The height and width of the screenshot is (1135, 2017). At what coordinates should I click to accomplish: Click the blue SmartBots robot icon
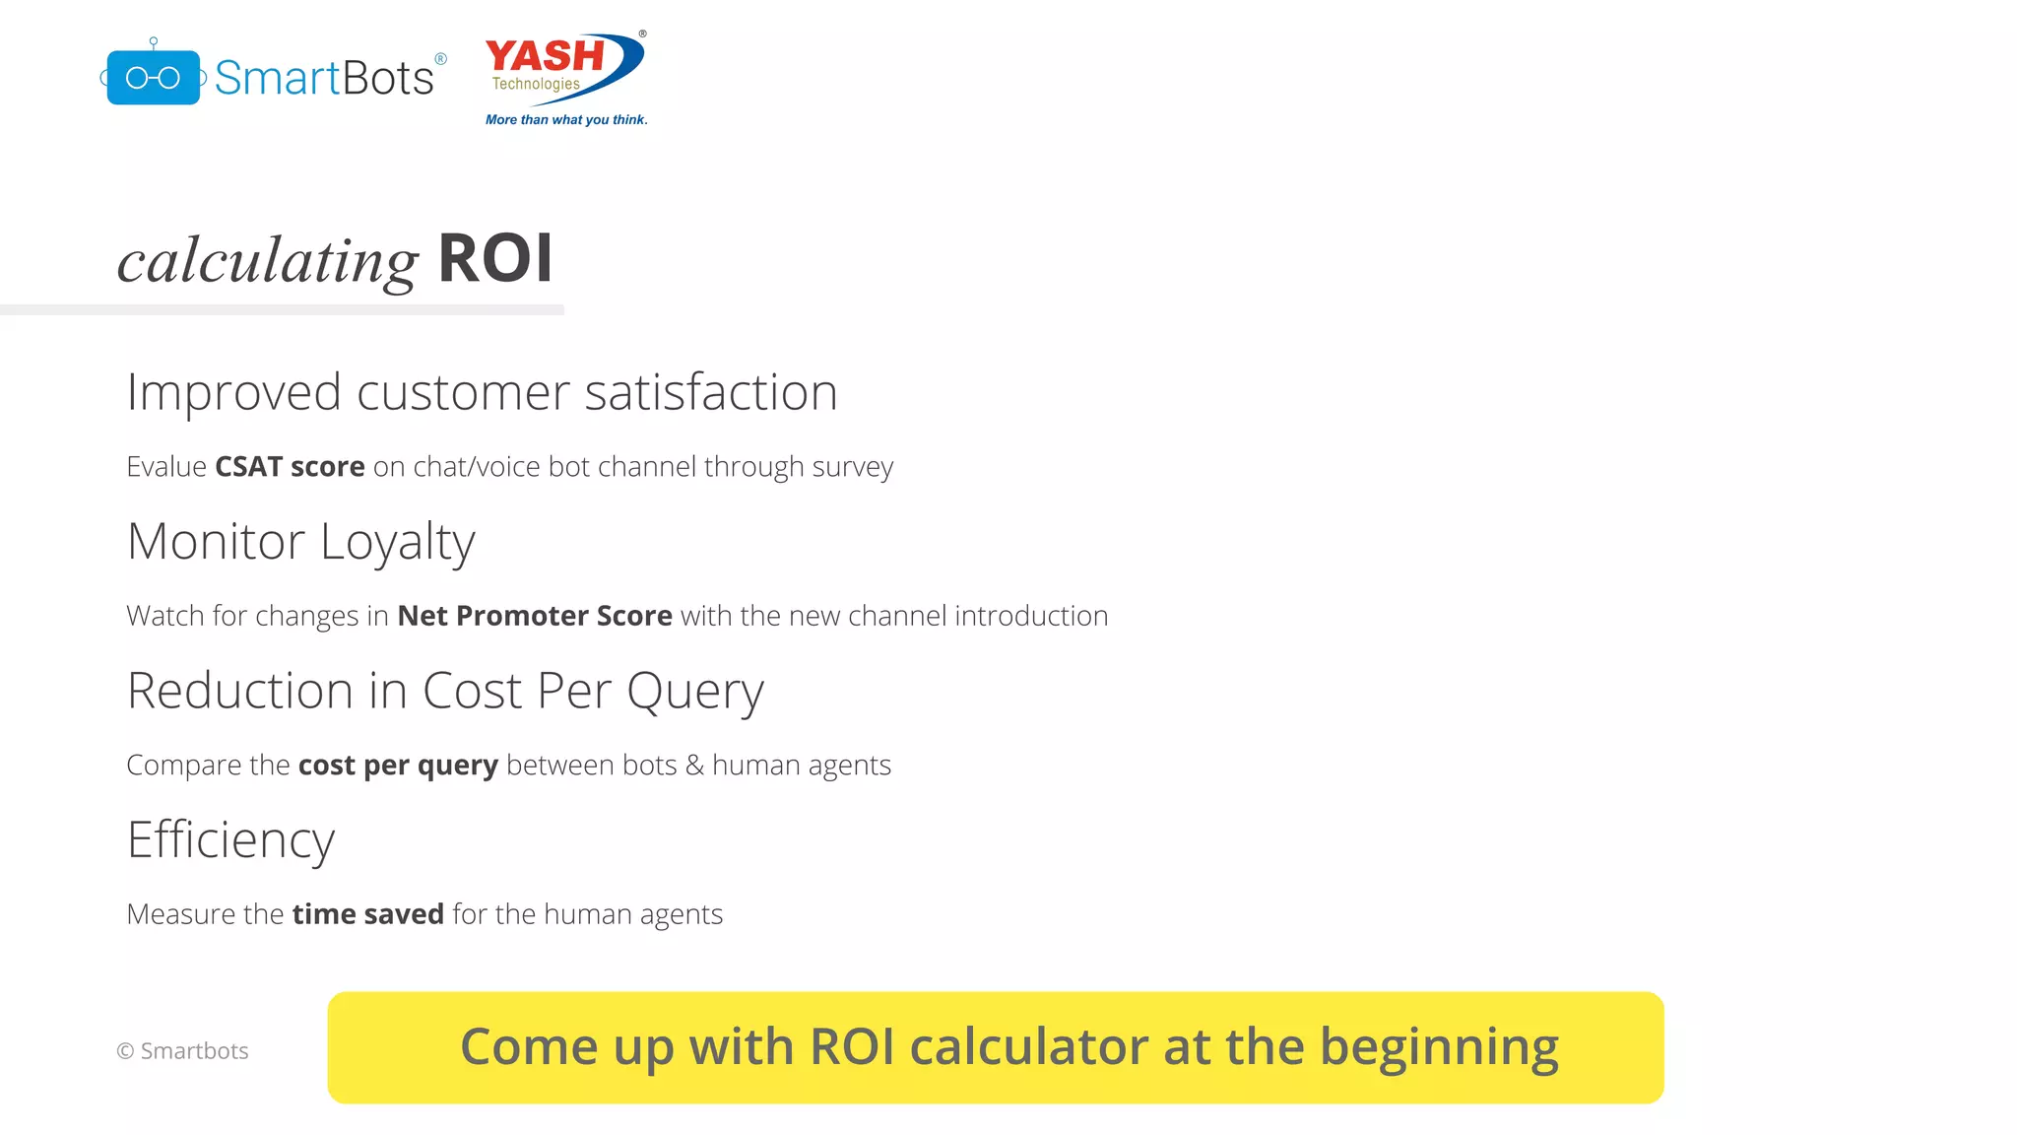pyautogui.click(x=154, y=77)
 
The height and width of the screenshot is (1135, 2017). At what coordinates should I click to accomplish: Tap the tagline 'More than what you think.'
pyautogui.click(x=566, y=120)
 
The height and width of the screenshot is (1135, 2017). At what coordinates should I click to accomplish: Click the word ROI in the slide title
pyautogui.click(x=494, y=259)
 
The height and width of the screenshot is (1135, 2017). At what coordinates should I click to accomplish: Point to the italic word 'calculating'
pyautogui.click(x=268, y=262)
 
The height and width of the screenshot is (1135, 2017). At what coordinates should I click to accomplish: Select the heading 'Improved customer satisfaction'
pyautogui.click(x=482, y=392)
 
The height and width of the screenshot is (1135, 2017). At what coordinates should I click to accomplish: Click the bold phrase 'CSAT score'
pyautogui.click(x=290, y=466)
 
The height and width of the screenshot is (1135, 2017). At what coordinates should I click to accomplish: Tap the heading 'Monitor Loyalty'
pyautogui.click(x=300, y=542)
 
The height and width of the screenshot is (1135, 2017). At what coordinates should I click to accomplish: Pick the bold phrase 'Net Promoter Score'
pyautogui.click(x=535, y=616)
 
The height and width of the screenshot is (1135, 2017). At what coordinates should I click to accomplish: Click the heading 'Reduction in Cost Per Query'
pyautogui.click(x=445, y=691)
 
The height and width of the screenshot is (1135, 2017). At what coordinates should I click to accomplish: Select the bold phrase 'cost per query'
pyautogui.click(x=398, y=766)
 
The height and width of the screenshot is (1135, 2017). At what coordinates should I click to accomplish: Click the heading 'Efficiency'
pyautogui.click(x=230, y=840)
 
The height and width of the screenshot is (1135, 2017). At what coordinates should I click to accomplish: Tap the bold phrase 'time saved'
pyautogui.click(x=367, y=914)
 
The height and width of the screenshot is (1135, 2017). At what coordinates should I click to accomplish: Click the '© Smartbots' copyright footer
pyautogui.click(x=183, y=1051)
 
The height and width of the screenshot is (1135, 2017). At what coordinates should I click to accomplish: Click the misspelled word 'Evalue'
pyautogui.click(x=166, y=466)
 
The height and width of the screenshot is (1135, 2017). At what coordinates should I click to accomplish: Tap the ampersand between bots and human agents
pyautogui.click(x=694, y=766)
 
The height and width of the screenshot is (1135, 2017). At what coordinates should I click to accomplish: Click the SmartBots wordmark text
pyautogui.click(x=324, y=78)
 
